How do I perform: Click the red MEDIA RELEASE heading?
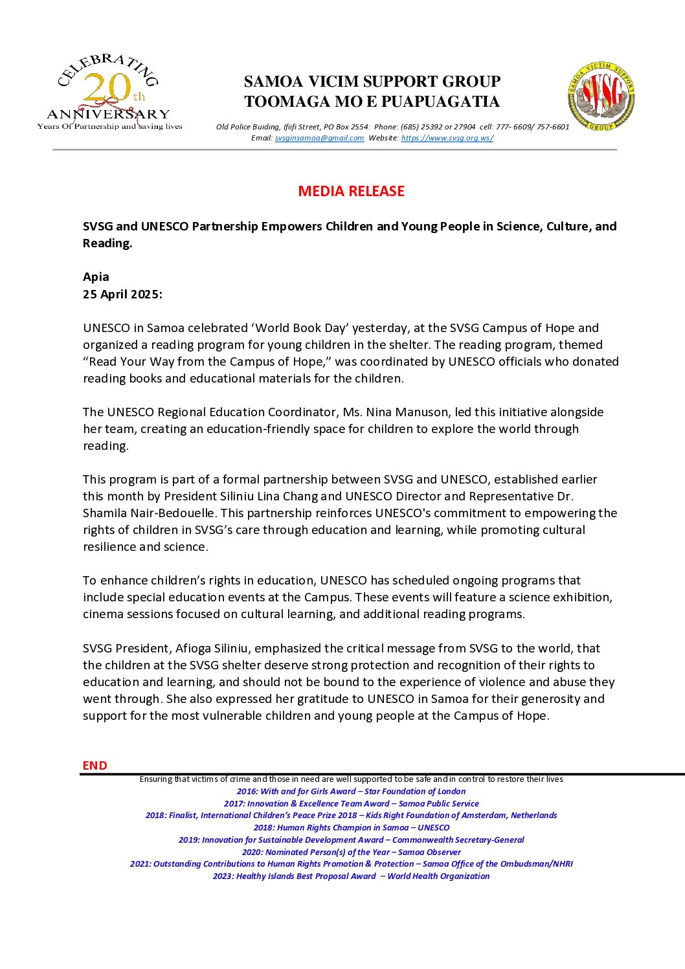(x=351, y=191)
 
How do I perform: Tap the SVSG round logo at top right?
(x=601, y=96)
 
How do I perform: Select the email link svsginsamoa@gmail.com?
(x=319, y=138)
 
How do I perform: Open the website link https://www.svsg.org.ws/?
(x=447, y=138)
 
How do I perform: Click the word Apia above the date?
(x=96, y=277)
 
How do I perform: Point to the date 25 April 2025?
(x=122, y=295)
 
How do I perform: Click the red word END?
(x=95, y=765)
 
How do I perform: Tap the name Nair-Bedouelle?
(x=173, y=513)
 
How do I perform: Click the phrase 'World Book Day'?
(x=306, y=328)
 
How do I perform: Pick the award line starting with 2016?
(x=351, y=791)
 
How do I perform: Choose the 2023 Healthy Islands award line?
(x=351, y=876)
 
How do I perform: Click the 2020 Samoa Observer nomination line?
(x=351, y=852)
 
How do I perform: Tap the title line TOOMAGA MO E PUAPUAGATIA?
(x=372, y=102)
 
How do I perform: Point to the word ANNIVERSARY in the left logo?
(x=108, y=115)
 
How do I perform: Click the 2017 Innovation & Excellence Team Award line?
(x=351, y=803)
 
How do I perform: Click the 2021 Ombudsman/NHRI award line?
(x=351, y=864)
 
